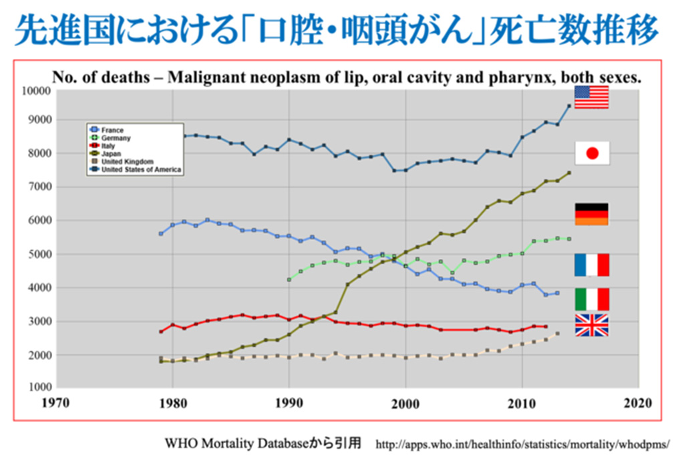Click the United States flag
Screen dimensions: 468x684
coord(591,98)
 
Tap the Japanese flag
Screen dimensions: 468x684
coord(591,153)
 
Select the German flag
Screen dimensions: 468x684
coord(591,215)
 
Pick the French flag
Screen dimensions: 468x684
coord(591,265)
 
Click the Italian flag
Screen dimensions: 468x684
coord(591,299)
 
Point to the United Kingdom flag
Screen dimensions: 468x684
coord(591,325)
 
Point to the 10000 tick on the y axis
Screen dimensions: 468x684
coord(33,91)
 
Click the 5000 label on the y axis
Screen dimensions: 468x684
coord(36,255)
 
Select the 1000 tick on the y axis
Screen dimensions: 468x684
coord(36,387)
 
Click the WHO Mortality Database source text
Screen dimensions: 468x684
coord(263,443)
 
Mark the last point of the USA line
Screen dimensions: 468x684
coord(569,106)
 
